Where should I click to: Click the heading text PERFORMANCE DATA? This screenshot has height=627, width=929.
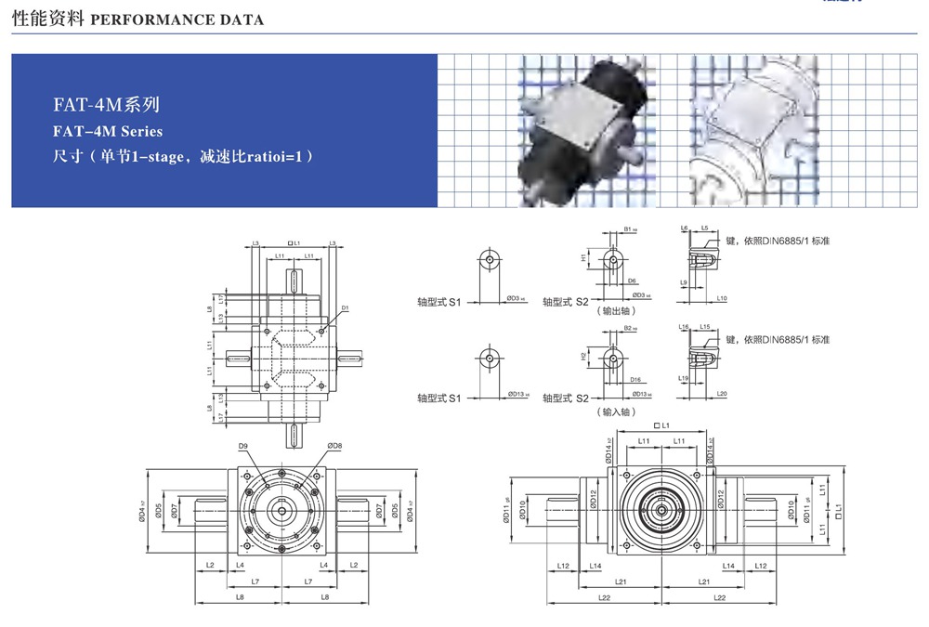(x=177, y=19)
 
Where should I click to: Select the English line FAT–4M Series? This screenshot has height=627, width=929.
(x=108, y=131)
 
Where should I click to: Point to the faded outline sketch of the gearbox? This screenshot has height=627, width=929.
(x=752, y=130)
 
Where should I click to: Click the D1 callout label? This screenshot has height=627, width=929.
(x=344, y=307)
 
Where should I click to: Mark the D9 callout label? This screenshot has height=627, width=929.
(x=242, y=447)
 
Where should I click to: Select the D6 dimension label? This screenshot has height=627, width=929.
(x=632, y=280)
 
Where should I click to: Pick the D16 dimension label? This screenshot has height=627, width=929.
(x=635, y=380)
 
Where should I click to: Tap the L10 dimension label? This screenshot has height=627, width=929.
(x=722, y=298)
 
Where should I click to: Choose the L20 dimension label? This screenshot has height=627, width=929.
(x=722, y=394)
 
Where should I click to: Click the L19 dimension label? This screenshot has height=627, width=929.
(x=683, y=379)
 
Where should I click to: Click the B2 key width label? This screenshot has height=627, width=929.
(x=629, y=328)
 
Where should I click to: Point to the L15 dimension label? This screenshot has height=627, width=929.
(x=705, y=327)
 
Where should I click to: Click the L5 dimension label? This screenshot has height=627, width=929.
(x=705, y=228)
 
